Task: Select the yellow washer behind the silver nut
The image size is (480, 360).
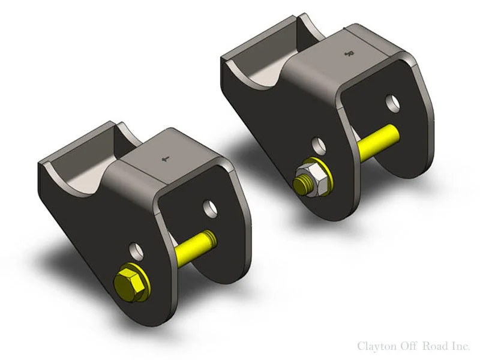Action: click(322, 176)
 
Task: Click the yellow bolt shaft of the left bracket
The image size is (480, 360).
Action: click(195, 246)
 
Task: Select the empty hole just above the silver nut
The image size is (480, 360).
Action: click(319, 146)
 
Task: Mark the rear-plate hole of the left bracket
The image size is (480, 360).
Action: click(210, 208)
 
